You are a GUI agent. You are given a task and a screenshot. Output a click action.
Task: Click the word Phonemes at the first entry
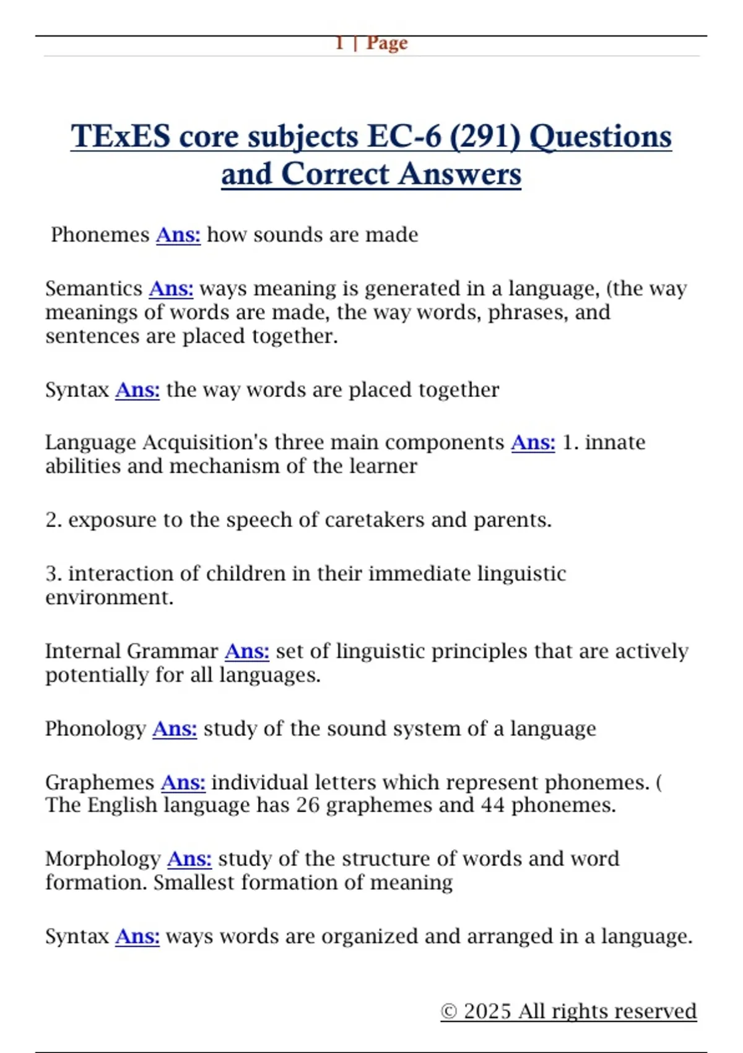[100, 235]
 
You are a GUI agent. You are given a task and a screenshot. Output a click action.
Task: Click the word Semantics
[93, 289]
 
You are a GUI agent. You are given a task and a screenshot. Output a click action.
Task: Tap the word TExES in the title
[120, 136]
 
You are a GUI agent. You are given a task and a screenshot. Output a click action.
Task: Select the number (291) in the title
[485, 136]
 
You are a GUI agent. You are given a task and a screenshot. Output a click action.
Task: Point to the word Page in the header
[387, 43]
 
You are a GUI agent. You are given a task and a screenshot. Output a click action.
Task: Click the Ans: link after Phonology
[175, 728]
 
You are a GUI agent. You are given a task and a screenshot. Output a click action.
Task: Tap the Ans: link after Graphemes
[183, 782]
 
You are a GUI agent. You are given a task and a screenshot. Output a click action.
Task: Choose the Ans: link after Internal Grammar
[247, 651]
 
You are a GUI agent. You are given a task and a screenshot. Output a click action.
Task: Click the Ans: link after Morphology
[189, 859]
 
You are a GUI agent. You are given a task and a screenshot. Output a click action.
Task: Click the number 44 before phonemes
[492, 805]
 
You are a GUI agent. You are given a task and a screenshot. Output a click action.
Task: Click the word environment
[109, 598]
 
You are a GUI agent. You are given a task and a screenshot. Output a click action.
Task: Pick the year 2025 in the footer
[487, 1011]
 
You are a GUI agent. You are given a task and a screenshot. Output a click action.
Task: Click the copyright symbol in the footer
[449, 1011]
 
